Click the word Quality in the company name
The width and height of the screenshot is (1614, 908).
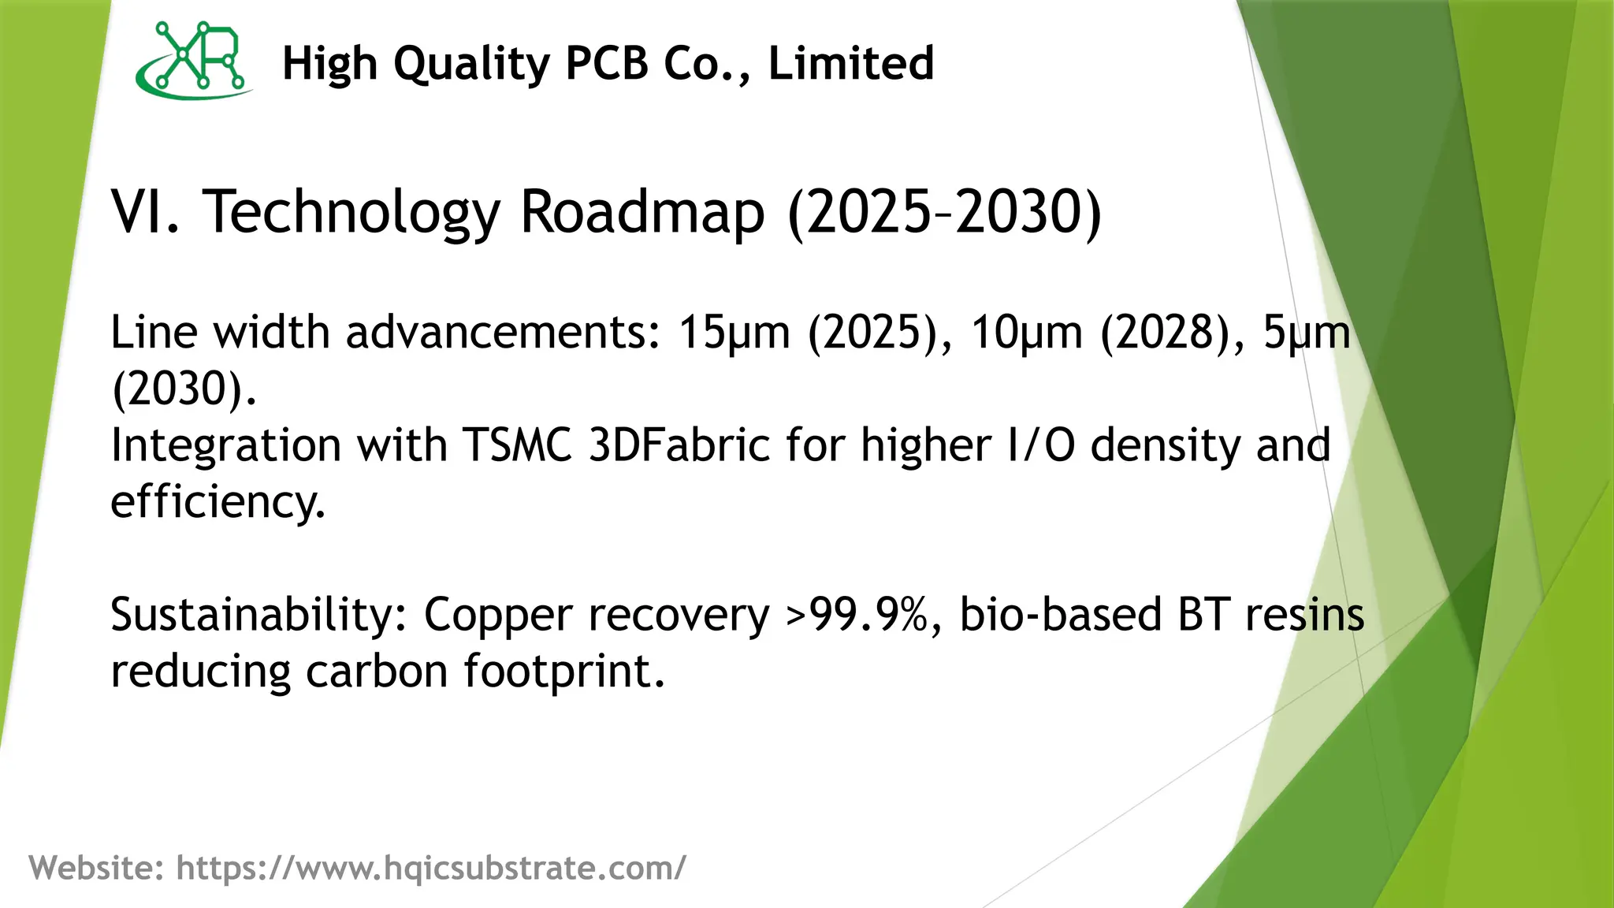click(471, 64)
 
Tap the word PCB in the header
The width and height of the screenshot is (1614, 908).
click(607, 63)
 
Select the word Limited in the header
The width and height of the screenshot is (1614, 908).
click(851, 63)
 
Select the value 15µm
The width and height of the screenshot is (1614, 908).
click(734, 332)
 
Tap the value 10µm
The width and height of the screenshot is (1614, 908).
click(1026, 332)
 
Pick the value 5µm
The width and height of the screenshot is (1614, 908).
click(1307, 332)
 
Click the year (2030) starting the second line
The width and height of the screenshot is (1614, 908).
click(183, 389)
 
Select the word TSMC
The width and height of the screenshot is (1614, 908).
click(516, 445)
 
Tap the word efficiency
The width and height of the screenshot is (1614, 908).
click(217, 501)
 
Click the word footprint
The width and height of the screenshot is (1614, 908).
click(563, 672)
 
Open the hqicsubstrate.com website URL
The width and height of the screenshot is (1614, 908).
click(430, 868)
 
